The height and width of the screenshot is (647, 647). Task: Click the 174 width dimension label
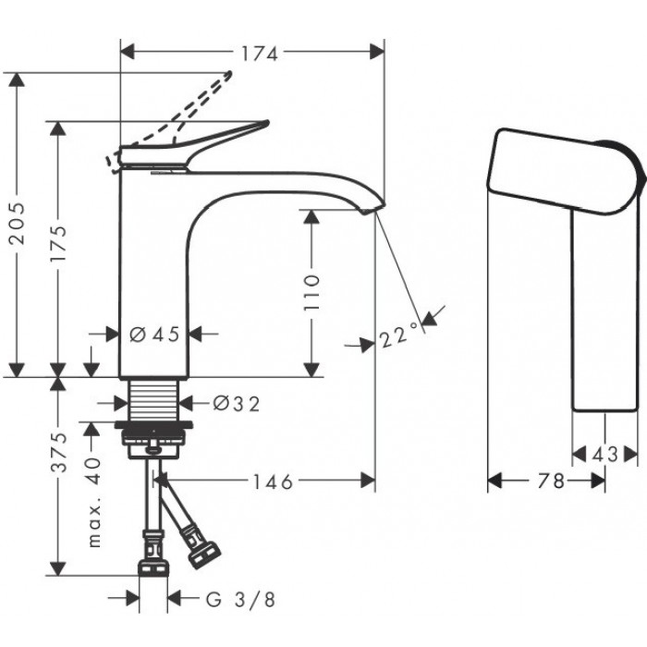click(259, 54)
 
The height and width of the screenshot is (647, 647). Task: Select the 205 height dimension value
click(18, 224)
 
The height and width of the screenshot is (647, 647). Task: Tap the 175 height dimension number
click(57, 244)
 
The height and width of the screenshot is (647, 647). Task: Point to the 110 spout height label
click(311, 293)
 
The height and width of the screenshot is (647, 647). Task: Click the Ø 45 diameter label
click(154, 334)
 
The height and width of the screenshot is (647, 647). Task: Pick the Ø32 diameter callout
click(237, 404)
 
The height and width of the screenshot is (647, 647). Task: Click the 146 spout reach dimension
click(273, 482)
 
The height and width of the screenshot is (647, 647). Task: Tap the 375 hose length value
click(58, 452)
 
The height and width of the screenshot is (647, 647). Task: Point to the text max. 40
click(94, 503)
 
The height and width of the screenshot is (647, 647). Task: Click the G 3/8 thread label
click(240, 599)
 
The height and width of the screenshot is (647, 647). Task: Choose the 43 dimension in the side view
click(604, 455)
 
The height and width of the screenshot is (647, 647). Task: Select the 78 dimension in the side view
click(551, 481)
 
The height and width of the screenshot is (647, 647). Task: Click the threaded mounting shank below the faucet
click(153, 400)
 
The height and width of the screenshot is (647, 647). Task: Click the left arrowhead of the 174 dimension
click(128, 52)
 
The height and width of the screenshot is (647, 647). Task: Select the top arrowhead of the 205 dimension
click(17, 79)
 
